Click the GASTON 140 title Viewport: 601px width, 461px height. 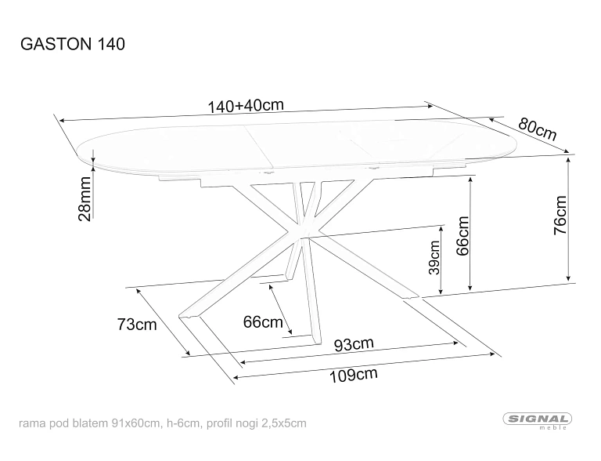click(x=73, y=44)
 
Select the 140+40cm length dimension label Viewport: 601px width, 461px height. click(x=246, y=106)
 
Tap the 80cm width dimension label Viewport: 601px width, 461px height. click(x=537, y=129)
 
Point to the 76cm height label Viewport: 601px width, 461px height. click(x=560, y=215)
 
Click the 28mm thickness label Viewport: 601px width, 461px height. click(x=85, y=199)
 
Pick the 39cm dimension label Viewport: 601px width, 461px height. click(x=434, y=257)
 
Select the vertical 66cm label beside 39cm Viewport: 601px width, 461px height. click(x=462, y=236)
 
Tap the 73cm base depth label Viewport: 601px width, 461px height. click(x=137, y=325)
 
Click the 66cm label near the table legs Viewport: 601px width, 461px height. click(x=263, y=321)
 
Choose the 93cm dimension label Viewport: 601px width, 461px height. click(x=354, y=344)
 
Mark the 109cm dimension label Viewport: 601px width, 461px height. click(x=354, y=375)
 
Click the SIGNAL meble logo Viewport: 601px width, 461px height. click(x=538, y=421)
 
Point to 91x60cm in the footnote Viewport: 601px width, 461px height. click(x=135, y=423)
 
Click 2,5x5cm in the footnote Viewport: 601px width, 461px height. click(x=284, y=423)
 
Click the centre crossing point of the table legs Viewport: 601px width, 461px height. click(x=304, y=235)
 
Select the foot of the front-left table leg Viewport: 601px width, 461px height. click(x=189, y=316)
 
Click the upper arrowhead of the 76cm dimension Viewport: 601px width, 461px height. click(x=568, y=158)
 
